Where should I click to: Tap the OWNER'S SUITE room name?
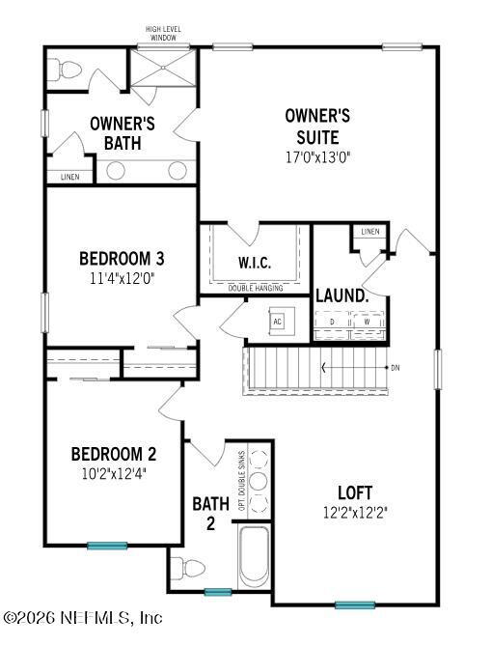[316, 126]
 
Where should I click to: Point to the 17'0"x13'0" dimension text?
[316, 157]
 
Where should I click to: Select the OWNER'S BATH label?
[123, 133]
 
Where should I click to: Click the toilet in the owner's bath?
[66, 70]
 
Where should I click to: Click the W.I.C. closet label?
[254, 263]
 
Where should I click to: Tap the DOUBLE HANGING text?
[255, 288]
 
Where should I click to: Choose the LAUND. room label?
[342, 295]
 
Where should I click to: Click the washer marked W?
[367, 322]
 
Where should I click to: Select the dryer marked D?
[333, 322]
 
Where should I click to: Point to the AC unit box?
[278, 321]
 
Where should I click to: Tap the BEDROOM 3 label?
[122, 259]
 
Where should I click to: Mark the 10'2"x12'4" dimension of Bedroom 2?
[114, 474]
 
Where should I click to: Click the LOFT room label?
[354, 492]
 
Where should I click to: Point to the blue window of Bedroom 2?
[106, 546]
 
